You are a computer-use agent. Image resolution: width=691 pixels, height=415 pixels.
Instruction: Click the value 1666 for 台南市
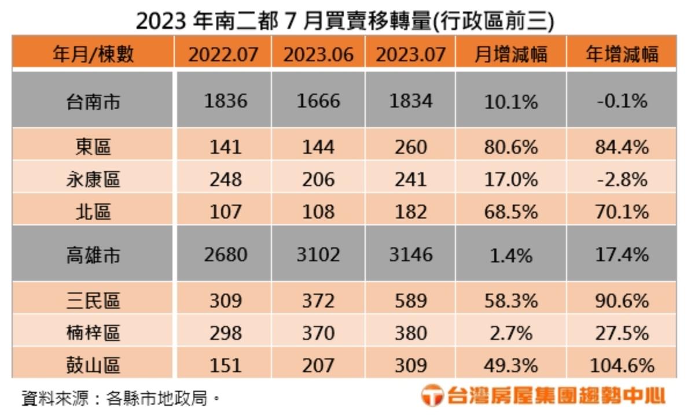pyautogui.click(x=318, y=102)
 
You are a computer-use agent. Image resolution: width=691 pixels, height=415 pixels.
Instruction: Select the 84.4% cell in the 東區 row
pyautogui.click(x=622, y=147)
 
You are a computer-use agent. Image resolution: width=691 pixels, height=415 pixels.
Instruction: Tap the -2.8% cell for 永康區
pyautogui.click(x=622, y=180)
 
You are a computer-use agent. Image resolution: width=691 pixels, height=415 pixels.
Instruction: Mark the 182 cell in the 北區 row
pyautogui.click(x=410, y=212)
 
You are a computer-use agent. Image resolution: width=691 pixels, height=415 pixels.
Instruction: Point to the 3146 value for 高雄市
pyautogui.click(x=410, y=255)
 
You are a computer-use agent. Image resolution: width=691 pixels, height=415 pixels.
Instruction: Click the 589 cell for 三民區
pyautogui.click(x=410, y=301)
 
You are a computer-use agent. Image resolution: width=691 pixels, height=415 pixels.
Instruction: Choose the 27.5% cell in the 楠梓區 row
pyautogui.click(x=622, y=334)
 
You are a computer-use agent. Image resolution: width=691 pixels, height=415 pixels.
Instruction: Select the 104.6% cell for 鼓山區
pyautogui.click(x=622, y=365)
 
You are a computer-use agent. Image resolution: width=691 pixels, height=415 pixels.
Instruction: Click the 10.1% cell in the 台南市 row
pyautogui.click(x=511, y=102)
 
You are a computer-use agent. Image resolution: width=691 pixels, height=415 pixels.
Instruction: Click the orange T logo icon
pyautogui.click(x=432, y=396)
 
